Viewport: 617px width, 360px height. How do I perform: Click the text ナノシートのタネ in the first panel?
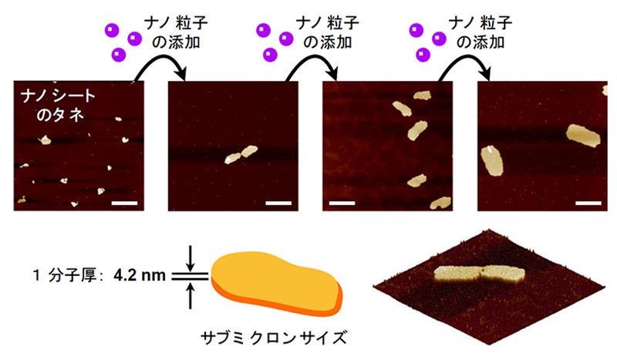[x=56, y=106]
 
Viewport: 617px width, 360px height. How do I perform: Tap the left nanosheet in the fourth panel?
[x=492, y=160]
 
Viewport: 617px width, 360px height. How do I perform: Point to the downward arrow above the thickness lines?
[x=190, y=257]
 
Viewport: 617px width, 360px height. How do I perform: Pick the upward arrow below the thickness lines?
[x=190, y=294]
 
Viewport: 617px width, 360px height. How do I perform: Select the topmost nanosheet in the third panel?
[x=421, y=96]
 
